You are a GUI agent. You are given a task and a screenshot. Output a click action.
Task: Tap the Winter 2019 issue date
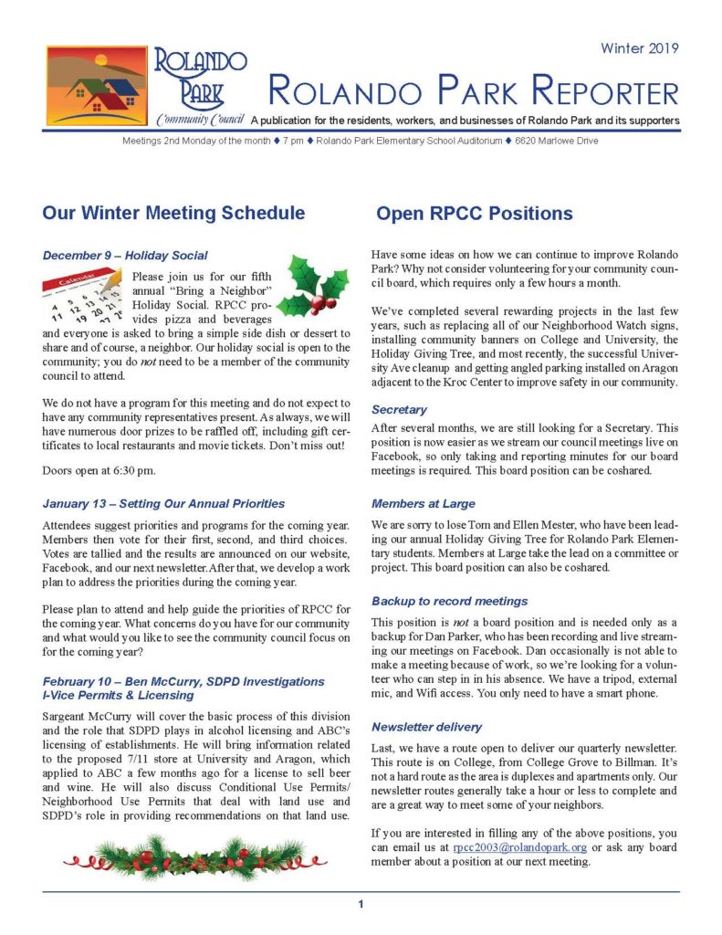(639, 48)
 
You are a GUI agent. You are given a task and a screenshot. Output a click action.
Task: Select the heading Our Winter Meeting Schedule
(173, 214)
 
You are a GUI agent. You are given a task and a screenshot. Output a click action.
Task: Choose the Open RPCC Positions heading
(474, 214)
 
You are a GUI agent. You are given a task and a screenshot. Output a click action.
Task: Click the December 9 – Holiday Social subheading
(125, 255)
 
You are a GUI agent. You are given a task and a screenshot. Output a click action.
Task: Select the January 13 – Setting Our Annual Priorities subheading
(163, 503)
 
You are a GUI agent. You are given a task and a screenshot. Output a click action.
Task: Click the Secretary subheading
(399, 410)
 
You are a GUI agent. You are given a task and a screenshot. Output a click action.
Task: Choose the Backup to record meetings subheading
(449, 601)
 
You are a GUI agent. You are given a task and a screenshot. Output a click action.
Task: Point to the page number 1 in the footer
(361, 904)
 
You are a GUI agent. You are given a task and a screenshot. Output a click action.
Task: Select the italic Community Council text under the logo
(199, 121)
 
